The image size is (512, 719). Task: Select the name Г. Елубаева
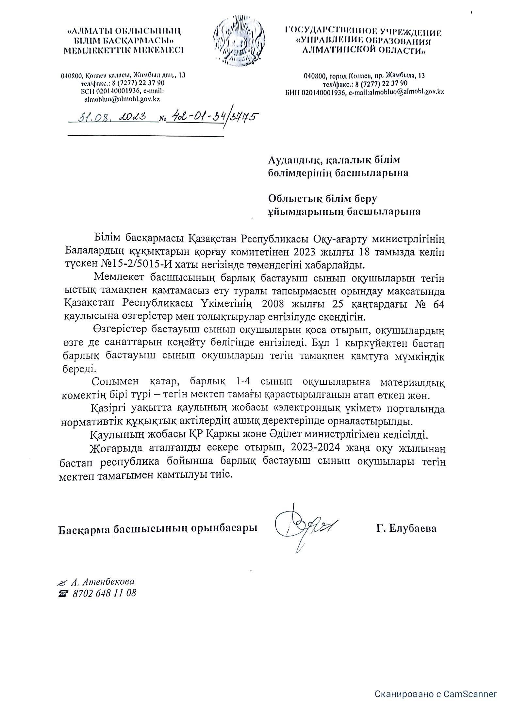(x=406, y=528)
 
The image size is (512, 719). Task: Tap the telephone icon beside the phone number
(x=61, y=594)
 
